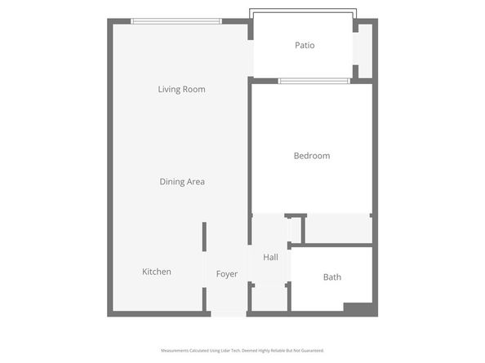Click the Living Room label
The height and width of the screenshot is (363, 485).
[x=181, y=89]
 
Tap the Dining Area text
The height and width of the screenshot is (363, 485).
[x=182, y=182]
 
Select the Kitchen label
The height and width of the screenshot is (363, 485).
[x=157, y=272]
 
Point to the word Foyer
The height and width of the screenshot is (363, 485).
[x=227, y=274]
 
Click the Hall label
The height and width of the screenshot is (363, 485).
[x=271, y=258]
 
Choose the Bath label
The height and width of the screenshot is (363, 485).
[x=332, y=277]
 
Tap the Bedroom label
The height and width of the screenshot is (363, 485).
[x=312, y=156]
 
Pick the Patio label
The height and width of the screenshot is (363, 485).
[x=305, y=46]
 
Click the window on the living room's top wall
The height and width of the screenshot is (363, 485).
[x=176, y=21]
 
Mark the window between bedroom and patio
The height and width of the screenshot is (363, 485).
[x=314, y=81]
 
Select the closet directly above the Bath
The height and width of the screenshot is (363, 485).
[x=338, y=229]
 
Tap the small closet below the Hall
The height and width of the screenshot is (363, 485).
[x=269, y=299]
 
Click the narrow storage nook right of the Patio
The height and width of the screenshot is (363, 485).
[x=364, y=51]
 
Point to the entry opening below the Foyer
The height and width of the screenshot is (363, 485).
[x=229, y=313]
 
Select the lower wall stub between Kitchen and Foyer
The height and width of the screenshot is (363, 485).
[x=205, y=299]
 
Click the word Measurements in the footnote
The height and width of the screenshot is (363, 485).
[x=175, y=350]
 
